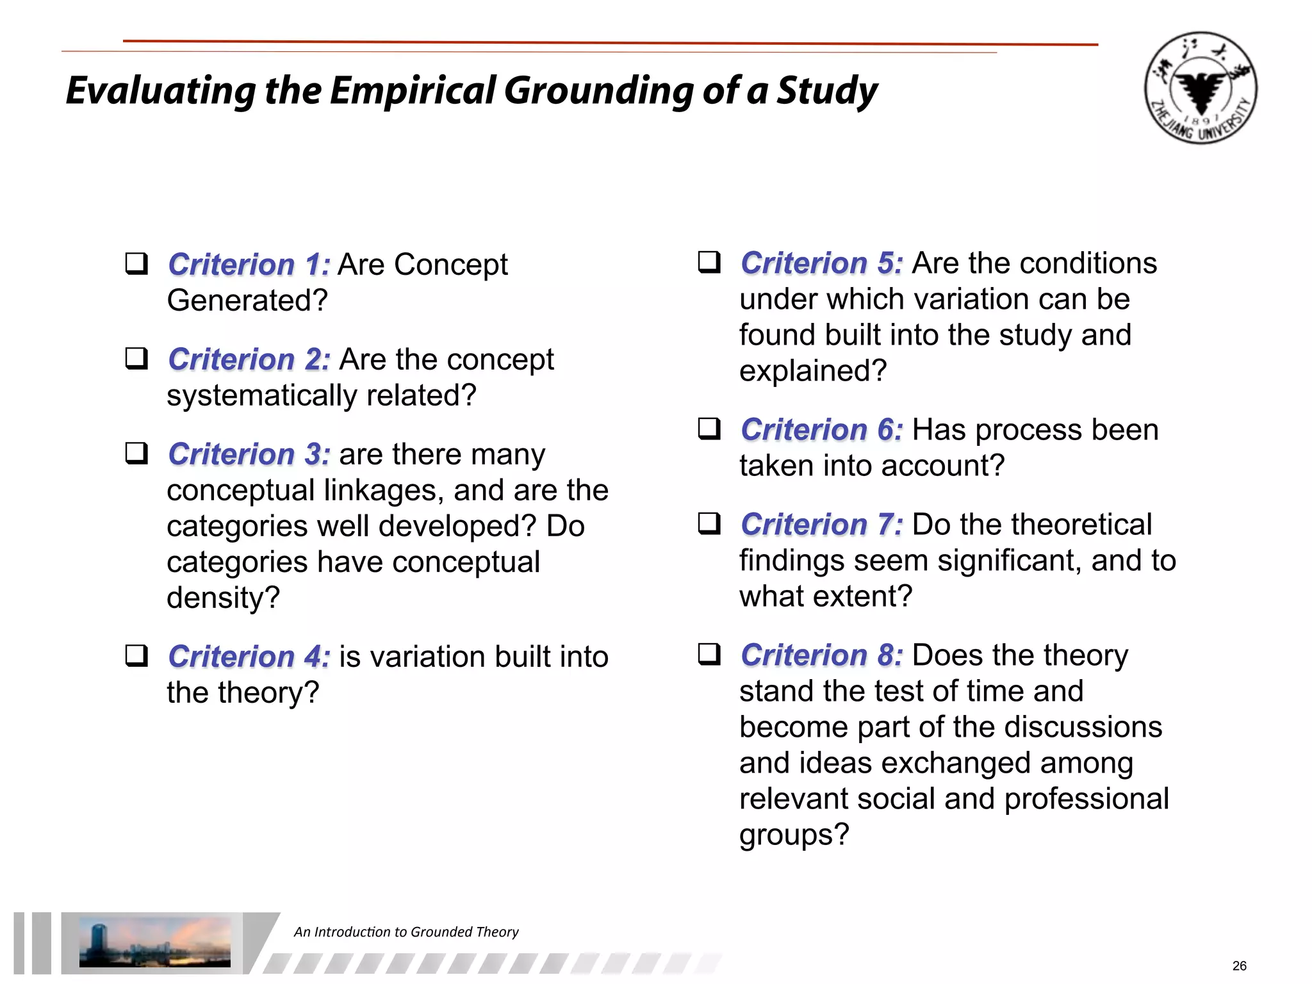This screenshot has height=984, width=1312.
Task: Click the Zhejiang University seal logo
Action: tap(1200, 88)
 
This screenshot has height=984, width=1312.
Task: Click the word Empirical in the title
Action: tap(413, 90)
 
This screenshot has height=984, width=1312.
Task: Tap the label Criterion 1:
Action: tap(249, 265)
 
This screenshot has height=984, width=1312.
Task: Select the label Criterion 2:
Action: tap(249, 359)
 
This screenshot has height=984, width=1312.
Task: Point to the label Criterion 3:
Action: tap(249, 454)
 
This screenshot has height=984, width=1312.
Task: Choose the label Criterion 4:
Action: tap(249, 657)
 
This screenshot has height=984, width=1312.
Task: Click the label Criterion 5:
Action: tap(821, 263)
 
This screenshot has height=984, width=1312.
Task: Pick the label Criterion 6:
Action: tap(821, 430)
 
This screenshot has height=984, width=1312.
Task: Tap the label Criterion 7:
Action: tap(821, 525)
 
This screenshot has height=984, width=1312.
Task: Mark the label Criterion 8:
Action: tap(821, 655)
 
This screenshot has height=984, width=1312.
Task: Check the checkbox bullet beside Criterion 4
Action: tap(136, 656)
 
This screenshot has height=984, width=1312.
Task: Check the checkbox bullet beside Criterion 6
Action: tap(709, 429)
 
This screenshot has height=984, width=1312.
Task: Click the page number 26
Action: tap(1239, 966)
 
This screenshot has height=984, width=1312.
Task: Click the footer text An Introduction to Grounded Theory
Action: tap(406, 932)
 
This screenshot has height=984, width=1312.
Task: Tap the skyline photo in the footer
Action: tap(154, 942)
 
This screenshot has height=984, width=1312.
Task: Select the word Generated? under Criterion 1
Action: tap(247, 300)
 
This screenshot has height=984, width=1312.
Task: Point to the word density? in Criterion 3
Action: tap(223, 598)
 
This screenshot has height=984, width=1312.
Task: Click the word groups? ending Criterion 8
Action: tap(794, 835)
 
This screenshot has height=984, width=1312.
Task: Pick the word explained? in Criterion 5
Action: tap(812, 371)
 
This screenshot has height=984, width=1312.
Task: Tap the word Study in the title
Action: tap(827, 90)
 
